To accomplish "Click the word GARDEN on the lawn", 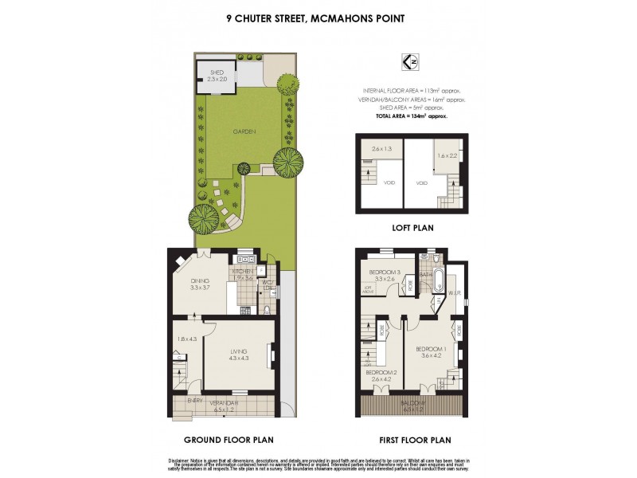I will (x=244, y=132).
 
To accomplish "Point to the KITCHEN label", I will (x=244, y=272).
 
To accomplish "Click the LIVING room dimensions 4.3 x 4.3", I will (x=239, y=358).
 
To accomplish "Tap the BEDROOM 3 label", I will (x=383, y=272).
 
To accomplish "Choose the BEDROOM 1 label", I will (x=431, y=351).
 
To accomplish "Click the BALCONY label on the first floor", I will (x=412, y=404).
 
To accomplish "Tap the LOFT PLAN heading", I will (x=412, y=227).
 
